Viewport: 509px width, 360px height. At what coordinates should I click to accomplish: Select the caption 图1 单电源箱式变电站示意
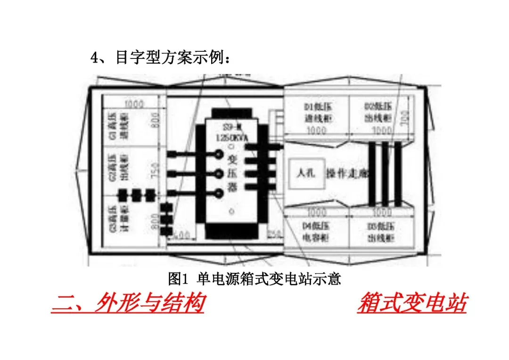click(x=254, y=279)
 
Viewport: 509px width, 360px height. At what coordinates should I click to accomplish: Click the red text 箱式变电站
click(x=412, y=303)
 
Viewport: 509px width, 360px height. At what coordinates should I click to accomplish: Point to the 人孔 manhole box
click(x=305, y=173)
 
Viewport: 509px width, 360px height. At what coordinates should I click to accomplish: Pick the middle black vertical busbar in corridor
click(x=385, y=173)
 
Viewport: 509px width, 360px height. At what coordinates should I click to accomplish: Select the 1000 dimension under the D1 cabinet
click(x=317, y=131)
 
